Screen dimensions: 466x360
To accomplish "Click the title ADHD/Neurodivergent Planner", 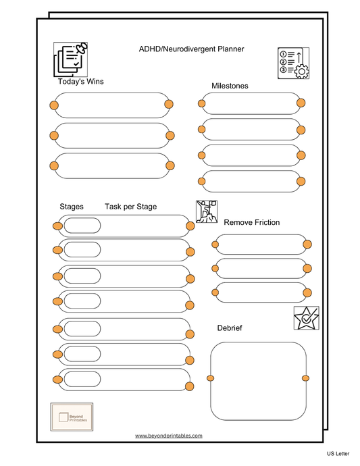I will [x=191, y=49].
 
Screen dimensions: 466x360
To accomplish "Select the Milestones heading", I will [x=230, y=86].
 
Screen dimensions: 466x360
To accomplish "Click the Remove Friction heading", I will [x=251, y=222].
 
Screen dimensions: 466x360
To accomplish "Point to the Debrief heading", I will [x=230, y=328].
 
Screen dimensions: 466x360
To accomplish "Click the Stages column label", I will [x=72, y=207].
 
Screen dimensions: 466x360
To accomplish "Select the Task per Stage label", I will [x=130, y=207].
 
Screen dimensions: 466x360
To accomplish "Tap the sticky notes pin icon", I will [x=71, y=59].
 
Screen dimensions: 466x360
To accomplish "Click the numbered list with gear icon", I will [x=293, y=63].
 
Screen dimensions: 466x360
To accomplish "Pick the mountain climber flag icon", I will [x=207, y=212].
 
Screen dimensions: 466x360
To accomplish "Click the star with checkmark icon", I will [x=306, y=317].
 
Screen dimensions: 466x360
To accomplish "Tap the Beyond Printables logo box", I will [x=72, y=417].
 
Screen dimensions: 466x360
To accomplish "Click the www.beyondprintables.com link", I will [x=169, y=436].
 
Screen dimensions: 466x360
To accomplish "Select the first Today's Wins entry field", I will [x=111, y=105].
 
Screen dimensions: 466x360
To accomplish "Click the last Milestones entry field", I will [x=251, y=181].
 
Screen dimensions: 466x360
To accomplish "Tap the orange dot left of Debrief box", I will [x=210, y=377].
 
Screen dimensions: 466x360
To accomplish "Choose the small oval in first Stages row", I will [x=82, y=226].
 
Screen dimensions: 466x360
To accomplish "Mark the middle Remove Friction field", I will [x=261, y=269].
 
